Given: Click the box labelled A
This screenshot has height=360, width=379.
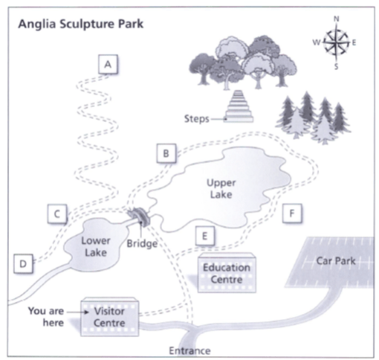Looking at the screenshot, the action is [x=108, y=65].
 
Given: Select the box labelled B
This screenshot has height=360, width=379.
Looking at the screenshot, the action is [x=166, y=153].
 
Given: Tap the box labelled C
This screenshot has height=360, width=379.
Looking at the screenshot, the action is [x=57, y=213].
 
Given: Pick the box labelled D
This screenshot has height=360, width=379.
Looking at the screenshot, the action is [x=23, y=263].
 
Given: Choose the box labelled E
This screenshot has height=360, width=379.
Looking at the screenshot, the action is [x=205, y=236].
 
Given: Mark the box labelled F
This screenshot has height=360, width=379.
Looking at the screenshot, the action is [x=292, y=213].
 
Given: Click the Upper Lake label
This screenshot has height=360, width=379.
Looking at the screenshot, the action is [x=221, y=188].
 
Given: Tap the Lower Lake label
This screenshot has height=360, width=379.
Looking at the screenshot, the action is [x=96, y=247].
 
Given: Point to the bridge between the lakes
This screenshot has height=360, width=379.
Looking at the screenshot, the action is [x=139, y=216].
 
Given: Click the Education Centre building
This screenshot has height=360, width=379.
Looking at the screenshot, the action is [x=227, y=273].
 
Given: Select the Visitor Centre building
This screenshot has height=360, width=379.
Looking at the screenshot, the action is [x=110, y=317].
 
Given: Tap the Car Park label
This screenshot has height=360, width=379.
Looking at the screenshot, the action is [x=336, y=261].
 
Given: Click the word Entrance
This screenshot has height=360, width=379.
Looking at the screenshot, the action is [x=189, y=351].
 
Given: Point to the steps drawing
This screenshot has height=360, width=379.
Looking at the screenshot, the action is [x=239, y=106].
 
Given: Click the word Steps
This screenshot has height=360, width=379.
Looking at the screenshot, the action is [x=197, y=119].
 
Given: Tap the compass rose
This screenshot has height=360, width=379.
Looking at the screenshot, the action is [x=336, y=42].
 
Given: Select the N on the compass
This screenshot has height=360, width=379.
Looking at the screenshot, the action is [x=336, y=19].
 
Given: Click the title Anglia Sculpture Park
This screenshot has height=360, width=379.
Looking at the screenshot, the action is [x=81, y=25].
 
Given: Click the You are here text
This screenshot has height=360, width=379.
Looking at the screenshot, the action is [x=46, y=317].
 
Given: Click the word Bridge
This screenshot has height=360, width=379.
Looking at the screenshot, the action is [x=142, y=244].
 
